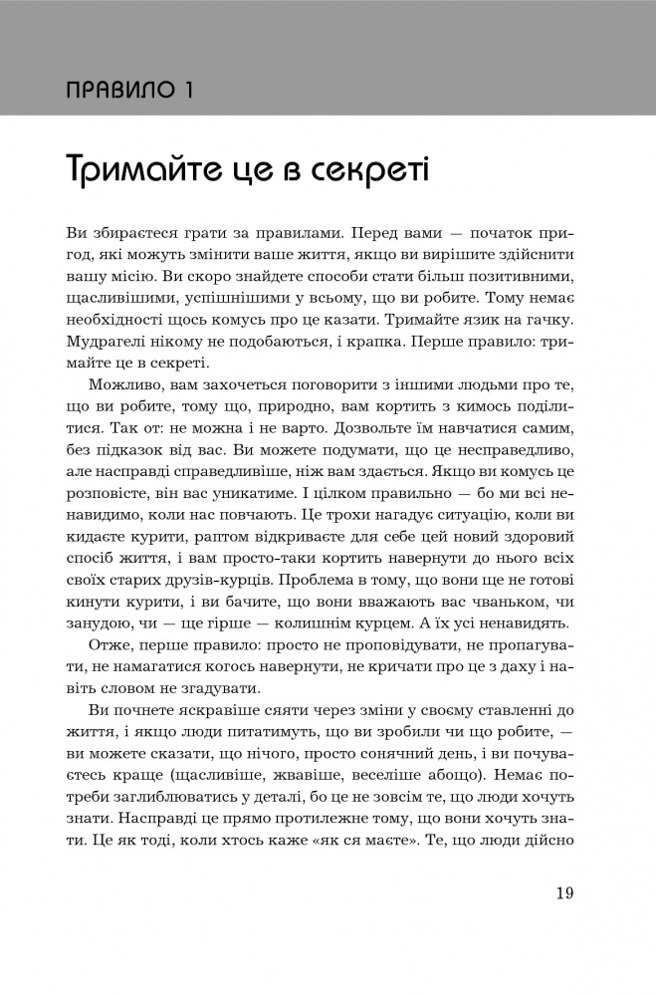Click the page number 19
click(564, 891)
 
